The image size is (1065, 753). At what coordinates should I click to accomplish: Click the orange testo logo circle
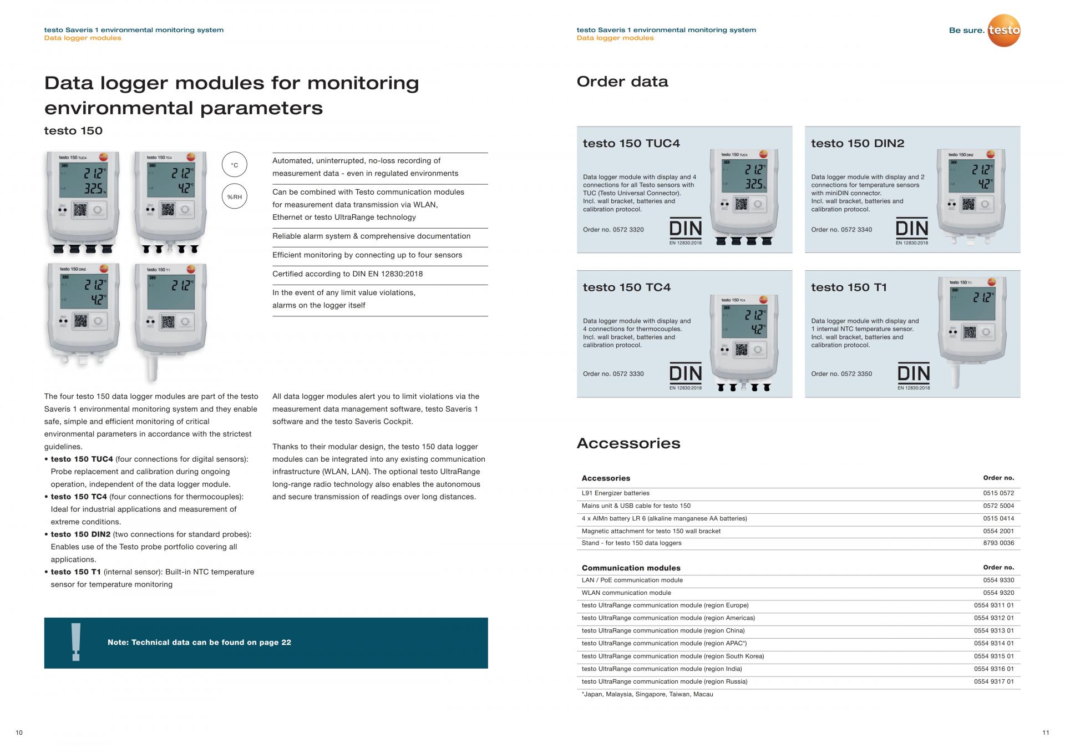[1004, 31]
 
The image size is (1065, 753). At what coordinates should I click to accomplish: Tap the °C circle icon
[234, 165]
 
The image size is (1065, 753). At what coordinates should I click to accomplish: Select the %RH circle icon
[234, 196]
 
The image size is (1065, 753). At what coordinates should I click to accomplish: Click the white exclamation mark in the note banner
[76, 642]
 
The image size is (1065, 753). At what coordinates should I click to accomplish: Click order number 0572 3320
[628, 230]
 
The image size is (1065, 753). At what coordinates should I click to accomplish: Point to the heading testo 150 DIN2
[858, 143]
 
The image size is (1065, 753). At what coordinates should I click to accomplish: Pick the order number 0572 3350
[856, 373]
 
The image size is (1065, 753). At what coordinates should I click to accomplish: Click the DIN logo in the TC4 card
[686, 374]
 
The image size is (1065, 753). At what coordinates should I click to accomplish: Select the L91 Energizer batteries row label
[615, 493]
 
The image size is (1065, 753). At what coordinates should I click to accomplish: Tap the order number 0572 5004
[998, 506]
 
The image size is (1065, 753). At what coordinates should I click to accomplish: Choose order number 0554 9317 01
[993, 681]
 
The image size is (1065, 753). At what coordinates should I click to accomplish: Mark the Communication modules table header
[631, 568]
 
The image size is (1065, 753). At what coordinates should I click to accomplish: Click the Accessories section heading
[628, 443]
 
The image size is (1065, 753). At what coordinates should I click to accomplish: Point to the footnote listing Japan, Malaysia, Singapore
[647, 694]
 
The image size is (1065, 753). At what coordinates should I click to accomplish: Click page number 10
[19, 732]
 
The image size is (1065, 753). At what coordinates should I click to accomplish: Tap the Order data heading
[622, 82]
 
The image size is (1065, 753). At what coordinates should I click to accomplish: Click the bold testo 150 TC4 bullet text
[79, 497]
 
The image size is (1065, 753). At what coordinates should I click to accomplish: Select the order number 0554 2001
[998, 531]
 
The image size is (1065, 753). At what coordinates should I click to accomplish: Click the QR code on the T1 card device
[969, 332]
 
